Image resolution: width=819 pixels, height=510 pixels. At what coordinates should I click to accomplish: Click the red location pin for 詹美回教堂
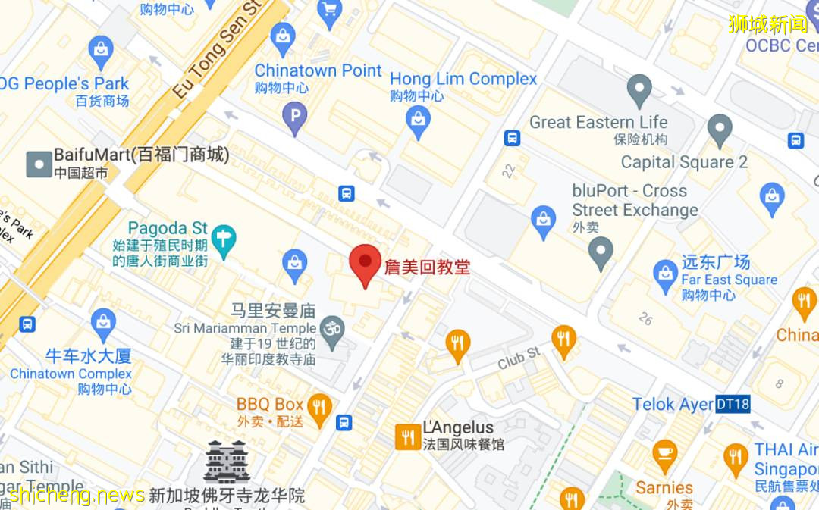tap(365, 264)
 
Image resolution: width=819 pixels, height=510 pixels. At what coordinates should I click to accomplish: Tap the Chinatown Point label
tap(318, 70)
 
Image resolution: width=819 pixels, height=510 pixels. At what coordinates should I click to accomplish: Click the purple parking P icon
tap(294, 115)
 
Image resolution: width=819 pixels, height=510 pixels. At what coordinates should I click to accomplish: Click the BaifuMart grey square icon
tap(39, 164)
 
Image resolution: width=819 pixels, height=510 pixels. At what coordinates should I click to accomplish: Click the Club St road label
tap(519, 358)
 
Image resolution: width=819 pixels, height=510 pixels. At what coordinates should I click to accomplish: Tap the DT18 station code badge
tap(733, 404)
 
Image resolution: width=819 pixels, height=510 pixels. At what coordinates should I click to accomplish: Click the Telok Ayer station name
tap(673, 404)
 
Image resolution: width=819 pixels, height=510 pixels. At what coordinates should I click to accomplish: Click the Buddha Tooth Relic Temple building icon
tap(227, 462)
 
